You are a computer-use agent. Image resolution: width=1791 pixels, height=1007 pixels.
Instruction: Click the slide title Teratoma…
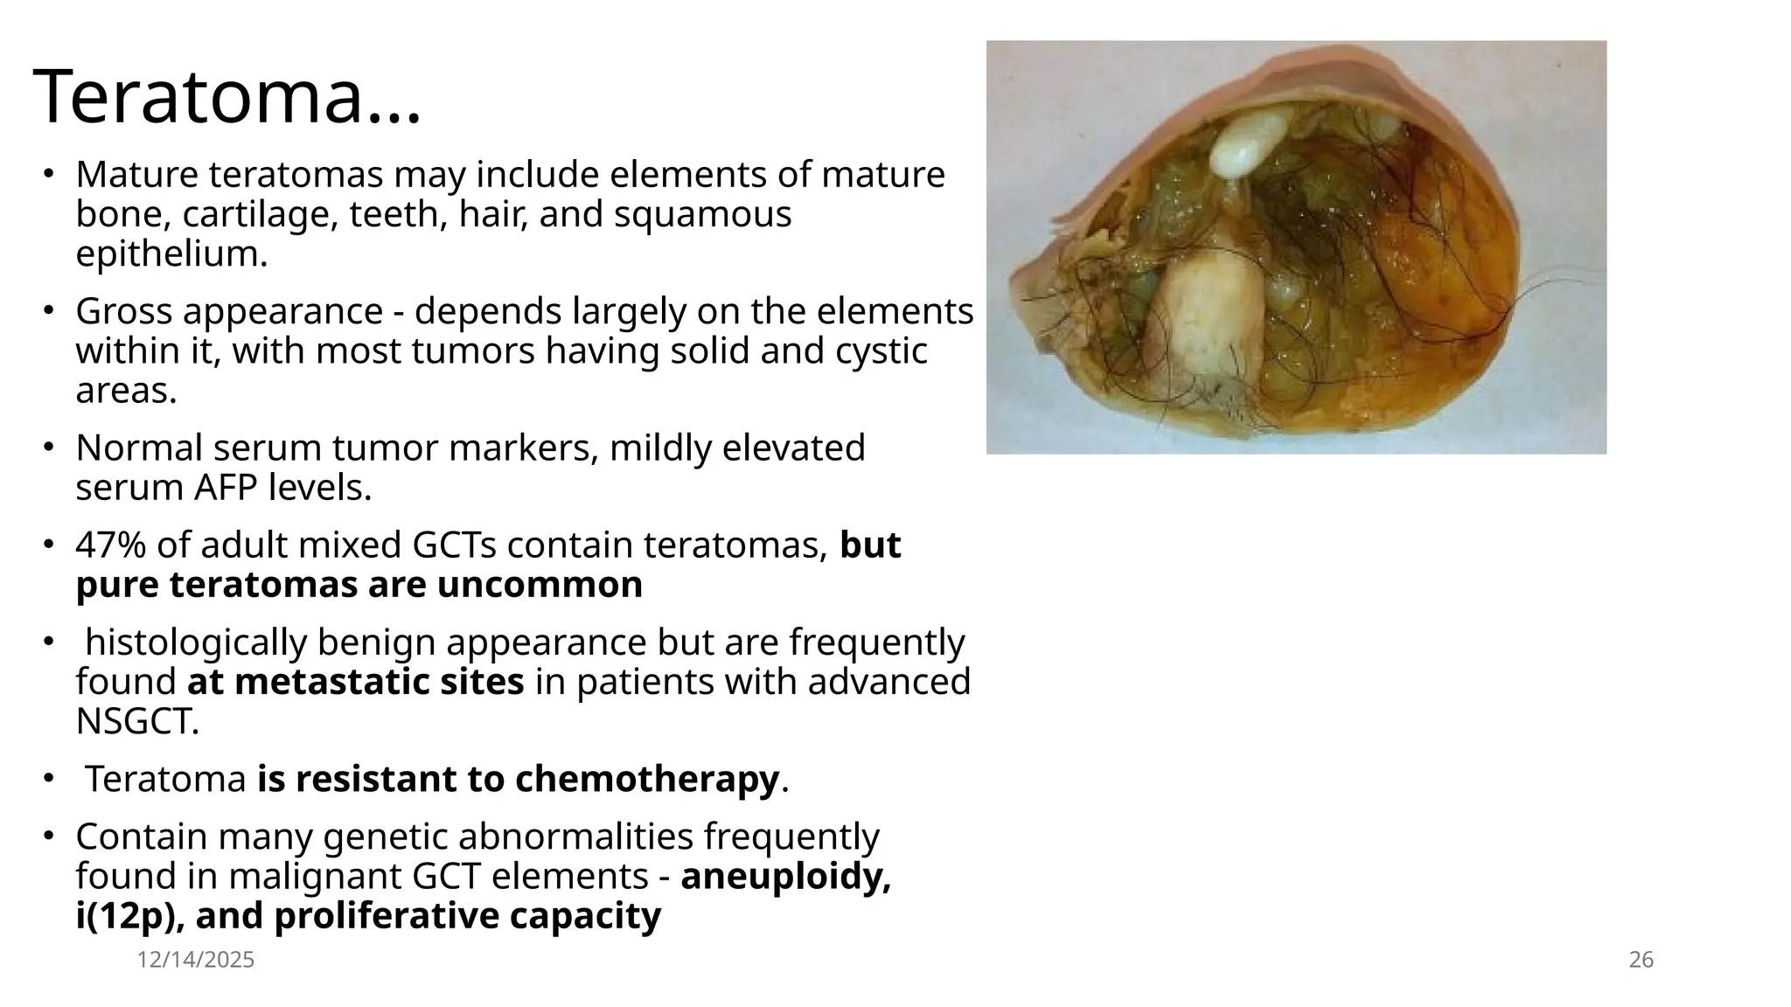[x=227, y=96]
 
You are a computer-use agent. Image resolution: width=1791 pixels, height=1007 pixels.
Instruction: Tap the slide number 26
[x=1641, y=960]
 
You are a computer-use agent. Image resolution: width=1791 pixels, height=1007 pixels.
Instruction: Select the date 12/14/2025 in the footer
[x=196, y=960]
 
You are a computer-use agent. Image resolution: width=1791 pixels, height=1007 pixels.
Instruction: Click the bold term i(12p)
[x=129, y=916]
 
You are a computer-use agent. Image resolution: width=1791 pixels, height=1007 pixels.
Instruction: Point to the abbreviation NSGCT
[x=137, y=722]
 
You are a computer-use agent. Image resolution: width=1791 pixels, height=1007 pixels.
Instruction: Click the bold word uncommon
[x=540, y=585]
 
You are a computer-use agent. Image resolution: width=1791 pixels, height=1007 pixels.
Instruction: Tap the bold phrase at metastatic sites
[x=355, y=682]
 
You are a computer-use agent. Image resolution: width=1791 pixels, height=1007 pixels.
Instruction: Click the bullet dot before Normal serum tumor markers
[x=50, y=448]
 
